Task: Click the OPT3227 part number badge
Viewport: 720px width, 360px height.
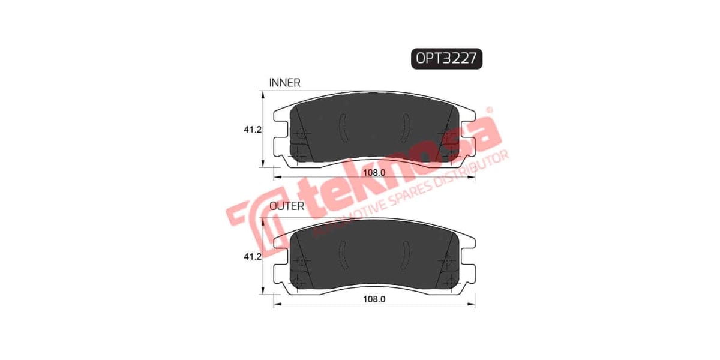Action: tap(447, 58)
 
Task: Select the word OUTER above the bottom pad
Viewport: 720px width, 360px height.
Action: tap(287, 206)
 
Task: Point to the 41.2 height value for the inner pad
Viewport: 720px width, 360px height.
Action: tap(251, 129)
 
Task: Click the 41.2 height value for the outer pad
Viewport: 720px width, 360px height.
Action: tap(251, 257)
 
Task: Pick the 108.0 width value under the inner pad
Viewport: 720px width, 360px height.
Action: tap(374, 173)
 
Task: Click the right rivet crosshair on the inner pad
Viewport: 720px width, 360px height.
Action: tap(446, 134)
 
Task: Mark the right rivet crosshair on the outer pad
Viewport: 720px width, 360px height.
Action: tap(446, 261)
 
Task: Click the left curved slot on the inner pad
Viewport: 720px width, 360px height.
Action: tap(343, 128)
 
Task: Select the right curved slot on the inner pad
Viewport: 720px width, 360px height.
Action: tap(406, 128)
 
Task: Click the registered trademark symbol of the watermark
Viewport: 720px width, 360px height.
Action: tap(489, 110)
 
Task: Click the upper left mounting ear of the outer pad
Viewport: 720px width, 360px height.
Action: tap(281, 243)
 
